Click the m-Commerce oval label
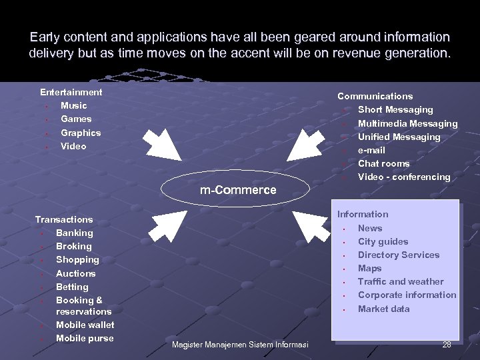238,190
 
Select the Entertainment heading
71,92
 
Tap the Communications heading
375,96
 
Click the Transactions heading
64,219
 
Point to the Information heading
362,214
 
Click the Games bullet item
76,119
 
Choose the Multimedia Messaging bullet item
407,123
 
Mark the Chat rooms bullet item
383,163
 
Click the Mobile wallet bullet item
85,325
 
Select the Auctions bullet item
75,273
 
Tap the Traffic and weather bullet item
400,281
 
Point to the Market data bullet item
383,309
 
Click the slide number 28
446,344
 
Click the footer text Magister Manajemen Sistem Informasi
239,345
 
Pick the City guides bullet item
383,241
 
